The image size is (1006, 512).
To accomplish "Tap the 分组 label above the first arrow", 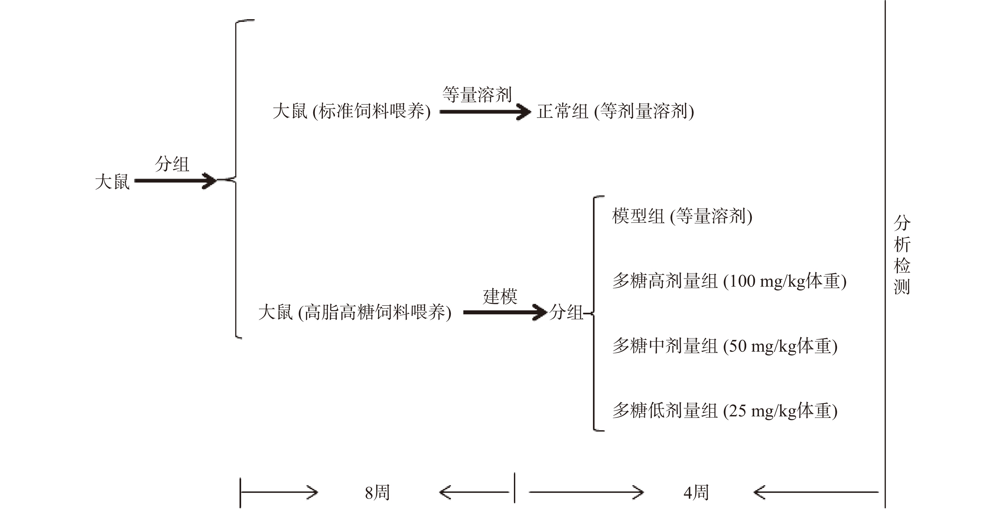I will [172, 164].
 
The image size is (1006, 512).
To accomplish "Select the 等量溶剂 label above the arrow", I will [477, 94].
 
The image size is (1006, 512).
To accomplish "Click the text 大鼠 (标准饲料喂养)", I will [352, 111].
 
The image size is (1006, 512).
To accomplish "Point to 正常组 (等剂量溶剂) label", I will [615, 111].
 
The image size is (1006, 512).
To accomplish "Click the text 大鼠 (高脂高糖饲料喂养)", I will [354, 312].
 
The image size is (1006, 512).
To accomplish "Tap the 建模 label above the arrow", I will [500, 296].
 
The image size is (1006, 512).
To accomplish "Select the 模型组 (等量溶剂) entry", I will [682, 216].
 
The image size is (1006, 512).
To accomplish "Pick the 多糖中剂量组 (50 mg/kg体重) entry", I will [724, 346].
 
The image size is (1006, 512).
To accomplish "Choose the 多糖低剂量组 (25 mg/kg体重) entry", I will [724, 411].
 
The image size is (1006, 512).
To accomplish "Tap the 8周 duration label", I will [377, 493].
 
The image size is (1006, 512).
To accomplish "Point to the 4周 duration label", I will [696, 493].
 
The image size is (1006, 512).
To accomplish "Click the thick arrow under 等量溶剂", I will [485, 112].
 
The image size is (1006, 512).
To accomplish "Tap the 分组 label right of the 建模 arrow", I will [566, 312].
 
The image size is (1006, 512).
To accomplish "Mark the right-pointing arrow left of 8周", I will [279, 492].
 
